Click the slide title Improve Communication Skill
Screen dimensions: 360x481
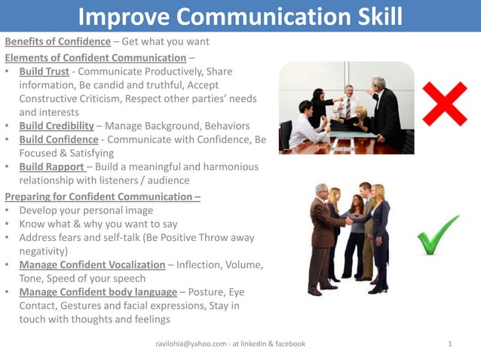click(240, 16)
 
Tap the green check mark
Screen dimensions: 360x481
click(438, 235)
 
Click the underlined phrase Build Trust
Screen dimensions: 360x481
click(47, 72)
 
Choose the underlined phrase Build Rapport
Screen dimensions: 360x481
click(51, 166)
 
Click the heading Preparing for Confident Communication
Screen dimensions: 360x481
click(102, 197)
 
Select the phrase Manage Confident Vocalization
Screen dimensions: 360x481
click(92, 264)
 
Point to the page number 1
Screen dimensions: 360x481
click(450, 343)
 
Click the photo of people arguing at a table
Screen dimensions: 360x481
click(346, 108)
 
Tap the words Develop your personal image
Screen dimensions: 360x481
click(87, 210)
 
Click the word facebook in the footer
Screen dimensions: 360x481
click(288, 343)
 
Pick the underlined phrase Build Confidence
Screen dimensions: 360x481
click(59, 139)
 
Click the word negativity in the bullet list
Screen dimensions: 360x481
click(43, 251)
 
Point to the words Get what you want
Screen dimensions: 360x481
click(165, 41)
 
